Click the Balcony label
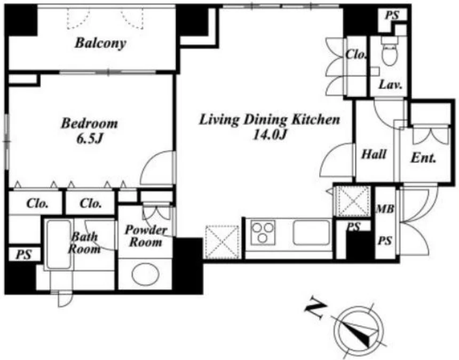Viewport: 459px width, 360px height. [100, 43]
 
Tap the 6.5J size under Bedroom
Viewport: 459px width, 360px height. [89, 139]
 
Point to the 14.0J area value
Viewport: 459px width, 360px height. [270, 135]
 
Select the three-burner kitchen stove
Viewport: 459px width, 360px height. [263, 232]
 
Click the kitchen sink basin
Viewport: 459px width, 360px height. [312, 232]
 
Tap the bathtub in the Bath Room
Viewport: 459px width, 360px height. [59, 244]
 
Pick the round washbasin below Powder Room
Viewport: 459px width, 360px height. [146, 274]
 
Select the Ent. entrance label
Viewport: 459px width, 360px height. [423, 158]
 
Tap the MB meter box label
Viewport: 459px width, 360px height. [385, 209]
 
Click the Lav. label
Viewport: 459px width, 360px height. [391, 85]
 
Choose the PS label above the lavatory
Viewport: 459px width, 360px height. [392, 15]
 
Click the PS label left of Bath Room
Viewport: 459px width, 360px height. [23, 255]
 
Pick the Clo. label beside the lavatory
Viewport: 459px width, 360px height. [356, 54]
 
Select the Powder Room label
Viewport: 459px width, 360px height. [146, 236]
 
